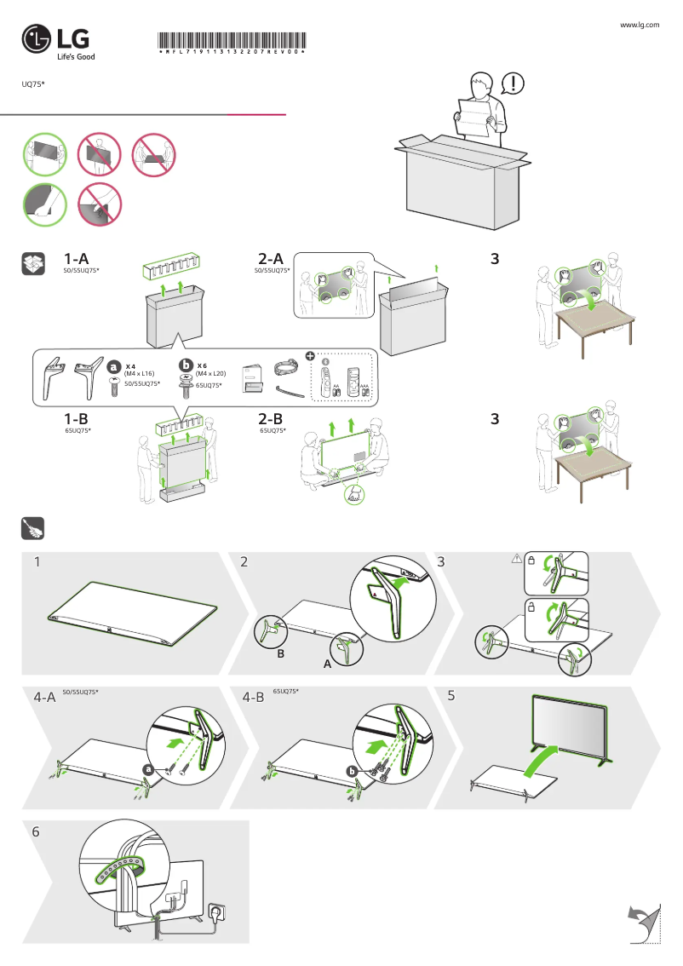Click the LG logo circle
tap(37, 39)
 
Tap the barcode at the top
tap(232, 43)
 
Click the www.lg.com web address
tap(639, 26)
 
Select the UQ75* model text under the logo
tap(33, 83)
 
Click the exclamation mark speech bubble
tap(513, 83)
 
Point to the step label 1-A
tap(77, 258)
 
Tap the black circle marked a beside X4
tap(113, 365)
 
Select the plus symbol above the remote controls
tap(310, 355)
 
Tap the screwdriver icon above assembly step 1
tap(32, 530)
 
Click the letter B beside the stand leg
tap(280, 654)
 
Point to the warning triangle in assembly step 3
tap(516, 560)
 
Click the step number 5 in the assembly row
tap(451, 695)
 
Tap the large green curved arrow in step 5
tap(542, 761)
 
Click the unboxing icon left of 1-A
tap(32, 264)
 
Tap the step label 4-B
tap(254, 697)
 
